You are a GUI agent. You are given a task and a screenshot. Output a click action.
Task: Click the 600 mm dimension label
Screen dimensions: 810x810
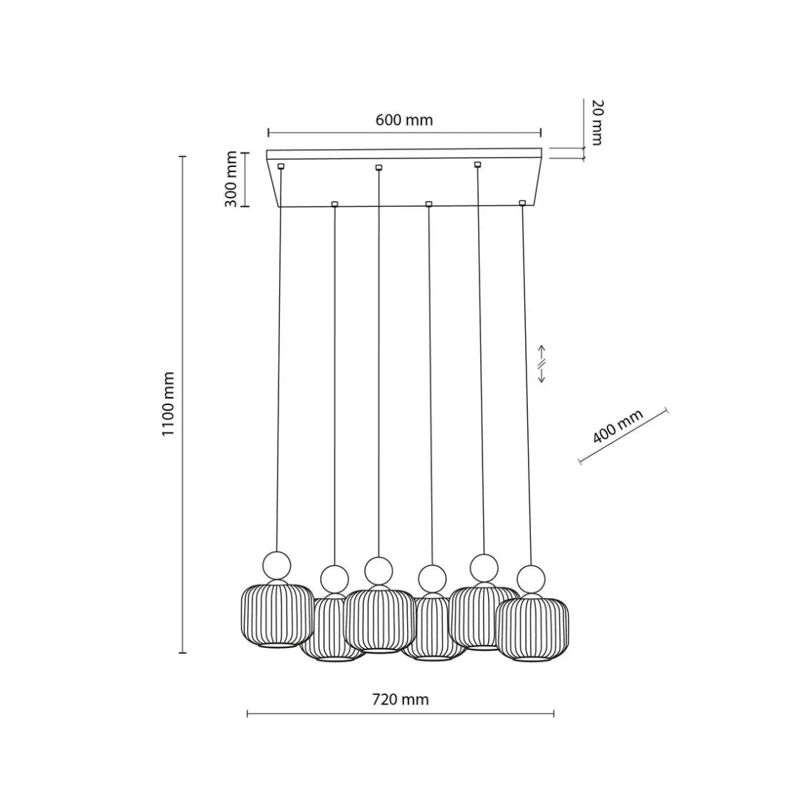point(404,120)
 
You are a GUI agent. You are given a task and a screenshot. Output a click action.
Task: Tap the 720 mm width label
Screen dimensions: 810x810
point(401,699)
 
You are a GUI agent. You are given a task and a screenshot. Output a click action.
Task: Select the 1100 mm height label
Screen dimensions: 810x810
point(168,404)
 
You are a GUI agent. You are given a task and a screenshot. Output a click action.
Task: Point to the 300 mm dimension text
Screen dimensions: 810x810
point(231,179)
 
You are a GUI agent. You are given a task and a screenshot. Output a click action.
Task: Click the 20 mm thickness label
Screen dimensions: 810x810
point(597,122)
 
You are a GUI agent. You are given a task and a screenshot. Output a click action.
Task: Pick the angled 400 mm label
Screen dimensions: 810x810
point(618,426)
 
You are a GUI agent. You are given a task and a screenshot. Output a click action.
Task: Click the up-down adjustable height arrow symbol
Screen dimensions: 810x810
point(542,364)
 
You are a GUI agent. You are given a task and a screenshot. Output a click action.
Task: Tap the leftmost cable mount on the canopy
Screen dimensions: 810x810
point(281,166)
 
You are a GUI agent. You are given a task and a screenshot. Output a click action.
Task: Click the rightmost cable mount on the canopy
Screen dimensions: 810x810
point(522,203)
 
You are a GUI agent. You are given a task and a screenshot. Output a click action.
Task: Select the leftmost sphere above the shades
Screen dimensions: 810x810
point(277,566)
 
